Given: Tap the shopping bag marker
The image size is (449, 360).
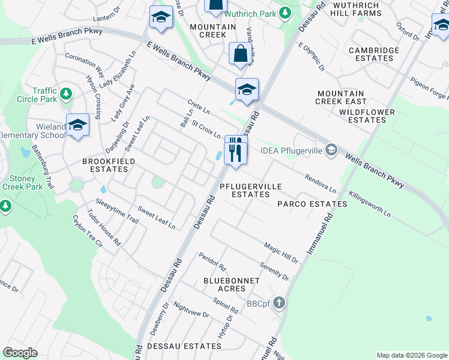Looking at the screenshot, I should point(240,54).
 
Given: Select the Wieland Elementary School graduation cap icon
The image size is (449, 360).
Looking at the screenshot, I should point(77,125).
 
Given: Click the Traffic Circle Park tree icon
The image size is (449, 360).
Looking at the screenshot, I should point(66,94).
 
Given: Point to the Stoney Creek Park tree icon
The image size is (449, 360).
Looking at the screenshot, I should point(6,206).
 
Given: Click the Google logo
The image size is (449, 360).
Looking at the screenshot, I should point(20,353).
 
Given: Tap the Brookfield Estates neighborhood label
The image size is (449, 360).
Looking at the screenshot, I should point(109,166).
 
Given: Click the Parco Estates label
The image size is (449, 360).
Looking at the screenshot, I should point(312,204).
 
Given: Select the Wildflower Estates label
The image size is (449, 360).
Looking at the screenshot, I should point(366,116).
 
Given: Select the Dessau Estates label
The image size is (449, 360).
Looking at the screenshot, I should point(175,346).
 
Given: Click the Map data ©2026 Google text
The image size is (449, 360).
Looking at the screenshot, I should point(411,355).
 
